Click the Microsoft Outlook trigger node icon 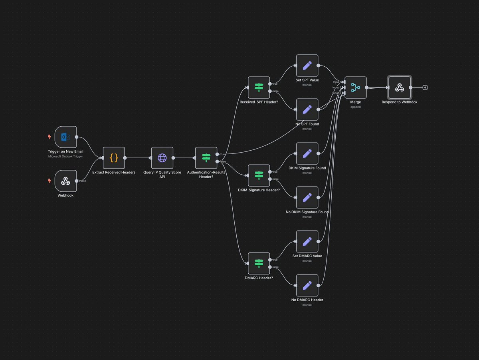65,137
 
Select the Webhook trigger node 65,181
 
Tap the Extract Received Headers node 114,158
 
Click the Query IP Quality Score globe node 162,158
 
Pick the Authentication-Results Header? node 206,158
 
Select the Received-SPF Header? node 259,88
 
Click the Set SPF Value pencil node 307,66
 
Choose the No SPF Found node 307,109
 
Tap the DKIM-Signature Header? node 259,175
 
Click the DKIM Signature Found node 307,153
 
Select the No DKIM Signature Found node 307,197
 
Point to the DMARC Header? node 259,263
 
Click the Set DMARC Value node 307,241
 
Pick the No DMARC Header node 307,285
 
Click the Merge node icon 355,88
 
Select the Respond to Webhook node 399,88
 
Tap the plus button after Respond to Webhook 425,88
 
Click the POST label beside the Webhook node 83,181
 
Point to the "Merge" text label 355,102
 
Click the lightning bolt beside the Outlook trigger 49,137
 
